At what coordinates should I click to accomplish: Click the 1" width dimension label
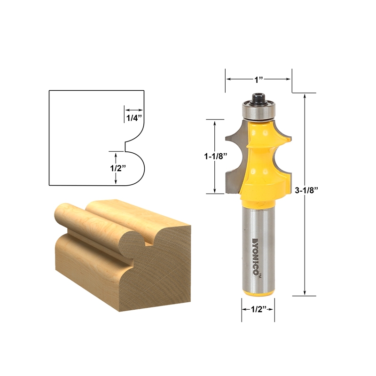258,80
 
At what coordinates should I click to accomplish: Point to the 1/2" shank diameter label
258,309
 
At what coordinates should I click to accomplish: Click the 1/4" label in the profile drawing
133,118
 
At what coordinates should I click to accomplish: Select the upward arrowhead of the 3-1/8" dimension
306,95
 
